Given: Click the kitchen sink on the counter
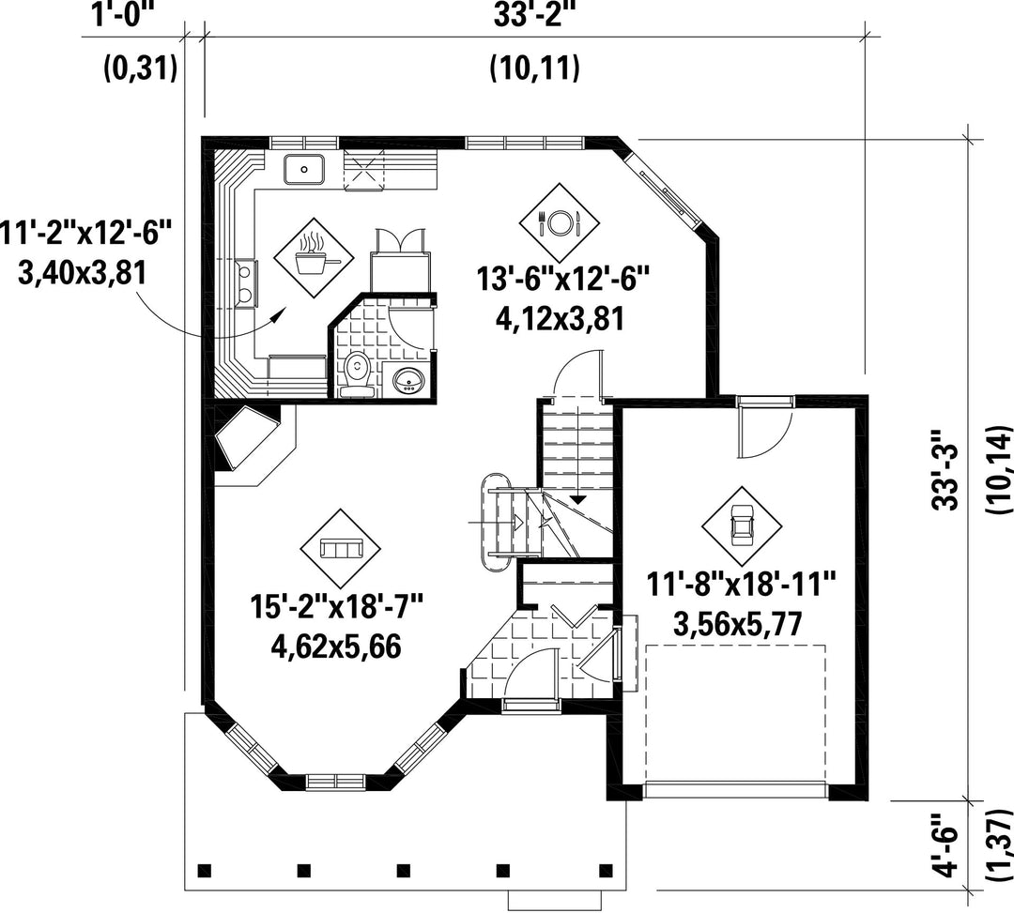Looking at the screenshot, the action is coord(304,169).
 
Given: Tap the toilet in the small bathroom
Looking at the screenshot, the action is coord(357,374).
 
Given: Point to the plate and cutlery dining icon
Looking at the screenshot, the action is coord(560,223).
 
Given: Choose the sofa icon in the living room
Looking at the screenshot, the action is coord(340,549).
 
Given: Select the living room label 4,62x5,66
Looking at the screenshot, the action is coord(336,646).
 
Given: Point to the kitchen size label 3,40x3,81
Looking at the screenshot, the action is coord(82,273).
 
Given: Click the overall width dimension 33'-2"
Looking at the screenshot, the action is coord(535,14).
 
